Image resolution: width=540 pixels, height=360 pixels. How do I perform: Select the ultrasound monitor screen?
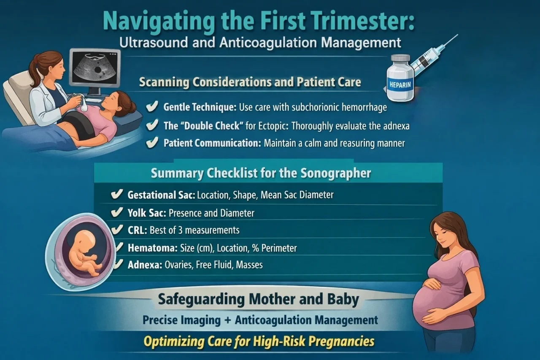tap(94, 68)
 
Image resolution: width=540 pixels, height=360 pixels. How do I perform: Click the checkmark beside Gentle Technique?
tap(151, 107)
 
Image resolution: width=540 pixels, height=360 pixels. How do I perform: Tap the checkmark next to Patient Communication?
tap(151, 143)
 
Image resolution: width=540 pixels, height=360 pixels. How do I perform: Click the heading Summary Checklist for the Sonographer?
tap(261, 173)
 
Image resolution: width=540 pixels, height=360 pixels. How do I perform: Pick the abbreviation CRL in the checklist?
tap(135, 230)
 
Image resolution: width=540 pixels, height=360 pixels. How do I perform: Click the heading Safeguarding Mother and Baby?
tap(258, 300)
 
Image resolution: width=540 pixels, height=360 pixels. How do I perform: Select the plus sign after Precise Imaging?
tap(227, 320)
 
